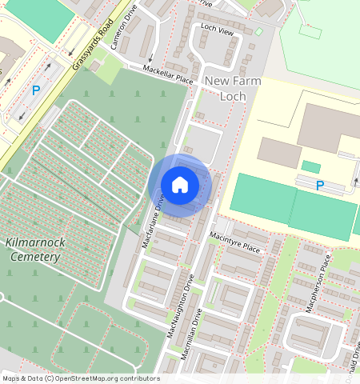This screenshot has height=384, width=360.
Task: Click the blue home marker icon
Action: (180, 185)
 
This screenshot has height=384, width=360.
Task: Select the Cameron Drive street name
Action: (126, 27)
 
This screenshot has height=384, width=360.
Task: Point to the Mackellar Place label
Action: (168, 75)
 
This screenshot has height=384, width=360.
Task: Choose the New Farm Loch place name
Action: (233, 89)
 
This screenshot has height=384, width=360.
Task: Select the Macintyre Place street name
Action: (235, 242)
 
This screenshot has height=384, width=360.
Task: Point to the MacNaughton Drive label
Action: (182, 306)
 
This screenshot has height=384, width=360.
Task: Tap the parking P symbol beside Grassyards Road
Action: (35, 91)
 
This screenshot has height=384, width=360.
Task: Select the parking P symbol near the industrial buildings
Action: (320, 186)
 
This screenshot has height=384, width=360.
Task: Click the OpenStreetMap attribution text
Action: (81, 378)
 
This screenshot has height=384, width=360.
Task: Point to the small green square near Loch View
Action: (258, 32)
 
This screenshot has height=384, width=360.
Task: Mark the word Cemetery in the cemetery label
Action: (35, 258)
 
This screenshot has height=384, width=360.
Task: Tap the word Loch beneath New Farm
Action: (233, 97)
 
